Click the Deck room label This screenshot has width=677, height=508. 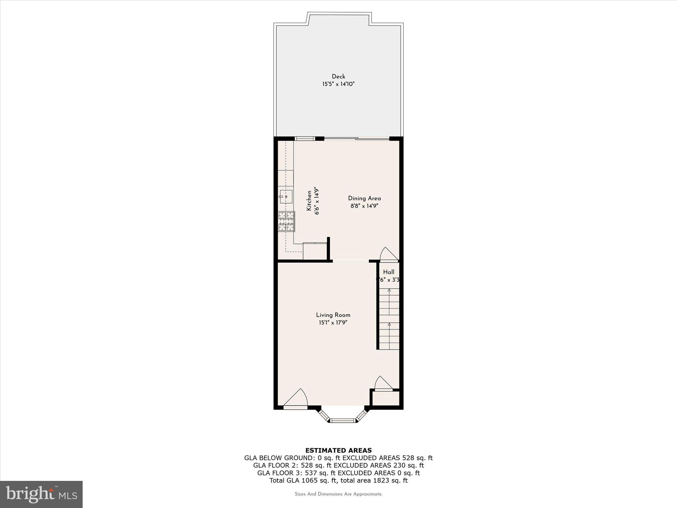[338, 77]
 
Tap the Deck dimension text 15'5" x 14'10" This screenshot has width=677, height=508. [338, 84]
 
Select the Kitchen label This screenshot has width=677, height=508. [309, 200]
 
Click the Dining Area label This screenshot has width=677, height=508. [364, 198]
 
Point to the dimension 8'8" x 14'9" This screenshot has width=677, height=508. [364, 206]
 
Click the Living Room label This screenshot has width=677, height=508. [333, 315]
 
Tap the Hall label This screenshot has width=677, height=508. [389, 272]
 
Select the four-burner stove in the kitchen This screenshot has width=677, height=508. [286, 221]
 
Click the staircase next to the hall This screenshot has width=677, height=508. [389, 319]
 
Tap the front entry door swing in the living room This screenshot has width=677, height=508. [296, 399]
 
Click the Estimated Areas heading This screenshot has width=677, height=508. [338, 450]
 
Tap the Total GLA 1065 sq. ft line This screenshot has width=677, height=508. [338, 481]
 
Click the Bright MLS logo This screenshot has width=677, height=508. [41, 494]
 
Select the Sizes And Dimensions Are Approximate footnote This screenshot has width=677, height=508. [338, 494]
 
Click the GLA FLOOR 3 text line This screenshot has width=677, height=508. [338, 473]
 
